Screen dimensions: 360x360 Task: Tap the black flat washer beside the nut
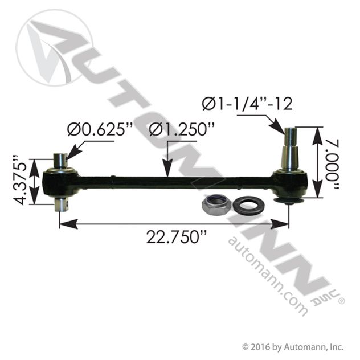[249, 204]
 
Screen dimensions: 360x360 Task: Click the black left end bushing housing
[60, 183]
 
